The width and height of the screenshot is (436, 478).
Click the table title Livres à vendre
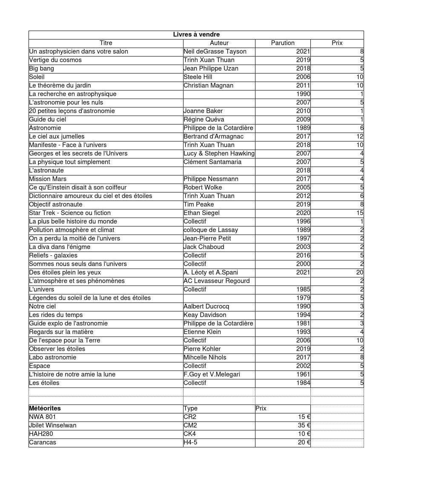pos(196,34)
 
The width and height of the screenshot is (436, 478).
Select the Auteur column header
pos(219,43)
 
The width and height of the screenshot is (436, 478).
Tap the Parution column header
pos(283,43)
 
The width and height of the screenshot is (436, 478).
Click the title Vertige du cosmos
pos(55,60)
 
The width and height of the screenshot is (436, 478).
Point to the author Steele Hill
pos(198,77)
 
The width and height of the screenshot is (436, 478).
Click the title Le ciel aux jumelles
pos(57,136)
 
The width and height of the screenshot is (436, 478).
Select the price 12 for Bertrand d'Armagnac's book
pos(360,136)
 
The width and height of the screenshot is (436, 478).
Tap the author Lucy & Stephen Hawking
pos(219,153)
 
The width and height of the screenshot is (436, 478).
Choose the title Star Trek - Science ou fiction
pos(70,213)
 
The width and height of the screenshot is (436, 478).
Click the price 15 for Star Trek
pos(360,213)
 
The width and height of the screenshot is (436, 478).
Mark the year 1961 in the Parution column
pos(303,374)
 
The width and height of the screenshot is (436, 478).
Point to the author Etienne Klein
pos(202,332)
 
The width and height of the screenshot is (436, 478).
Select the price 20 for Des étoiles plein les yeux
pos(360,272)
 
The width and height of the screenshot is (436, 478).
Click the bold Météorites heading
pos(45,408)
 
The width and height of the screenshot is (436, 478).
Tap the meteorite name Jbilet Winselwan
pos(53,425)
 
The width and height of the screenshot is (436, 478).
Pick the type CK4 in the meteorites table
pos(189,434)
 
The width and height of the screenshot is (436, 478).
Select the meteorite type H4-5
pos(190,442)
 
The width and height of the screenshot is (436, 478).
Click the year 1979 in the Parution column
pos(303,298)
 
